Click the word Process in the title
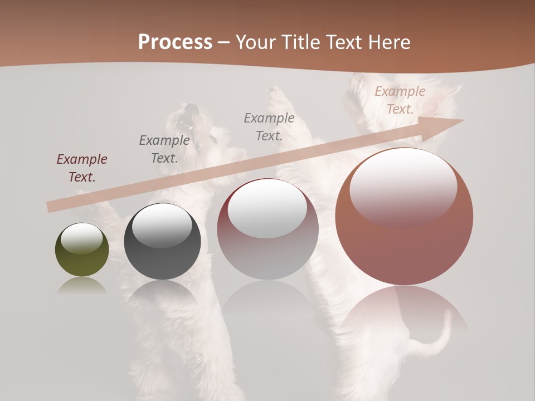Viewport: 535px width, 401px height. point(175,42)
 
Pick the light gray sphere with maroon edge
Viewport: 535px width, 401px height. point(267,229)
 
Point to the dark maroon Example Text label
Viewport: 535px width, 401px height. point(81,168)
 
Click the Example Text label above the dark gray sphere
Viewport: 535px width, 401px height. point(164,149)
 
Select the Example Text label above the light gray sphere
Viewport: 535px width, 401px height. point(269,126)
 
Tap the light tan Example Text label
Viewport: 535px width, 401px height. point(400,100)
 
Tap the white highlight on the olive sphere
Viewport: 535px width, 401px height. point(81,238)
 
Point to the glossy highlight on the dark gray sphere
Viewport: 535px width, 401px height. point(162,226)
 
